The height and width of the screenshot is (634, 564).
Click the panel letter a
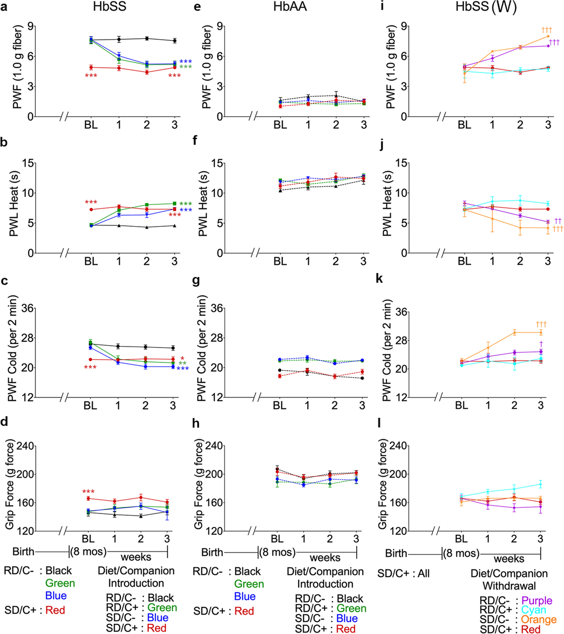pyautogui.click(x=4, y=7)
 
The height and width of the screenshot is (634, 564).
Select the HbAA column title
pyautogui.click(x=290, y=7)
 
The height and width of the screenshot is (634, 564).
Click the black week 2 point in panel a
pyautogui.click(x=147, y=39)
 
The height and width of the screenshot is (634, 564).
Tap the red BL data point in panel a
pyautogui.click(x=91, y=67)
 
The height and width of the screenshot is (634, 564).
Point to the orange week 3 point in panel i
pyautogui.click(x=548, y=36)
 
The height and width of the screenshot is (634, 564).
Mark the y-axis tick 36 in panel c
pyautogui.click(x=28, y=308)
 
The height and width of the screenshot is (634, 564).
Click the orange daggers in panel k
pyautogui.click(x=541, y=324)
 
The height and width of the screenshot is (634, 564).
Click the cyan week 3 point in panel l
pyautogui.click(x=540, y=484)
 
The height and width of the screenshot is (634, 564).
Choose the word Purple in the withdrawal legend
pyautogui.click(x=537, y=601)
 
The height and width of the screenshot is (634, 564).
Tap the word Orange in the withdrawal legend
pyautogui.click(x=539, y=619)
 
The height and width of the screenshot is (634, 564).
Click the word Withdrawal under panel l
pyautogui.click(x=509, y=586)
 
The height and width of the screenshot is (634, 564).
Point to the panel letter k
pyautogui.click(x=379, y=279)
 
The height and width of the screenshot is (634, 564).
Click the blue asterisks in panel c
pyautogui.click(x=183, y=369)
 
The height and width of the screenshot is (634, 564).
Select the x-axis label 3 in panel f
pyautogui.click(x=363, y=261)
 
